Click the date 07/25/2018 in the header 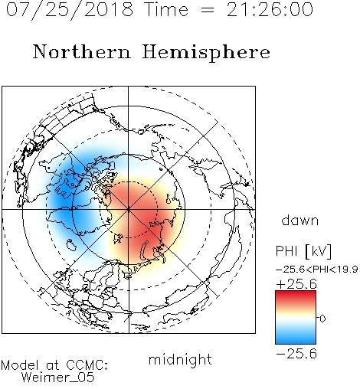(70, 10)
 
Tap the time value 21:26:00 (270, 9)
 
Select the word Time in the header (166, 9)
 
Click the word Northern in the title (82, 52)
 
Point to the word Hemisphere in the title (206, 53)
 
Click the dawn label (300, 221)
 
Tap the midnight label (180, 359)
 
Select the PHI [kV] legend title (303, 251)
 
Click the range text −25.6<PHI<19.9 (316, 270)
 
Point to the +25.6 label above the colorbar (296, 284)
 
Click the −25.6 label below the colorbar (296, 354)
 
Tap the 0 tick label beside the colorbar (322, 319)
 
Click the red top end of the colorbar (296, 293)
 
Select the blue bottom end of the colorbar (296, 342)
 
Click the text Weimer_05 (58, 378)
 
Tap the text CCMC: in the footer (87, 365)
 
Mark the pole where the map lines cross (129, 209)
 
